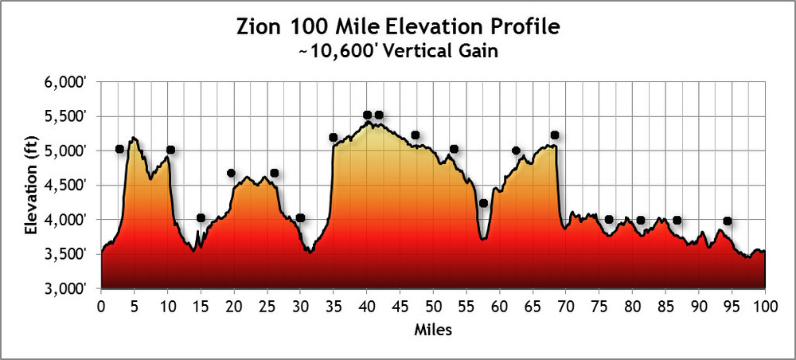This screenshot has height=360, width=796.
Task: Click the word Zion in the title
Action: pos(259,27)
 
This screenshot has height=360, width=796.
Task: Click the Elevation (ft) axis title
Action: pos(32,185)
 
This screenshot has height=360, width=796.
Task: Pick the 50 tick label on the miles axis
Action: pos(433,307)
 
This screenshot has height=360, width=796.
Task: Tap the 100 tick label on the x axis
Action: pos(764,307)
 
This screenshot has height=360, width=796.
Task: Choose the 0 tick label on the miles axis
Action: pos(101,307)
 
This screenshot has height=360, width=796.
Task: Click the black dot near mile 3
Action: pos(119,149)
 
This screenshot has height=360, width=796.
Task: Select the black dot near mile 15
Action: pos(201,218)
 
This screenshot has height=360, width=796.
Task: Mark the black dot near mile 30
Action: pos(300,218)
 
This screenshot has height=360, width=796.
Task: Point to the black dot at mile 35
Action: pos(333,137)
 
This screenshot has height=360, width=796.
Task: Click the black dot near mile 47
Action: pos(415,135)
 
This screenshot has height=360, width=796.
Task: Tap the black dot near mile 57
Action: pos(483,203)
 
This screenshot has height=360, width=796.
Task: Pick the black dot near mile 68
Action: pos(554,135)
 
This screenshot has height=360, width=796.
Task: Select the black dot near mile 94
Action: pos(727,221)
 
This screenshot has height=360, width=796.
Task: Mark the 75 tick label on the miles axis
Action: pos(599,307)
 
